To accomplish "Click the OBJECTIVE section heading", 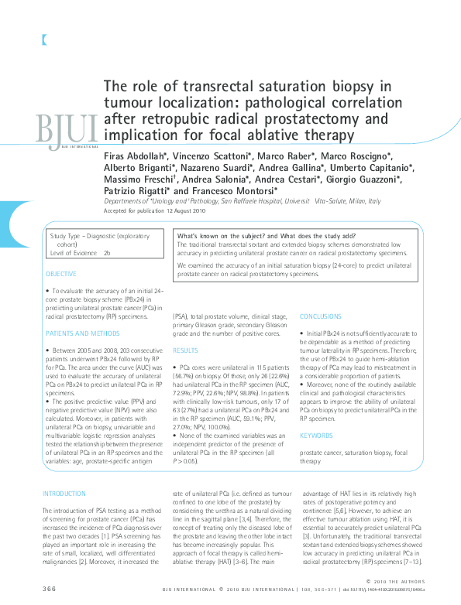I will coord(60,274).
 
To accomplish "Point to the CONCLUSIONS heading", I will coord(320,316).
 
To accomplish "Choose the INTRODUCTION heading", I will coord(64,493).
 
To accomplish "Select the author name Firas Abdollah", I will coord(136,156).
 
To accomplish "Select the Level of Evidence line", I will coord(80,252).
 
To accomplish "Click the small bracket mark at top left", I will coord(35,40).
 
